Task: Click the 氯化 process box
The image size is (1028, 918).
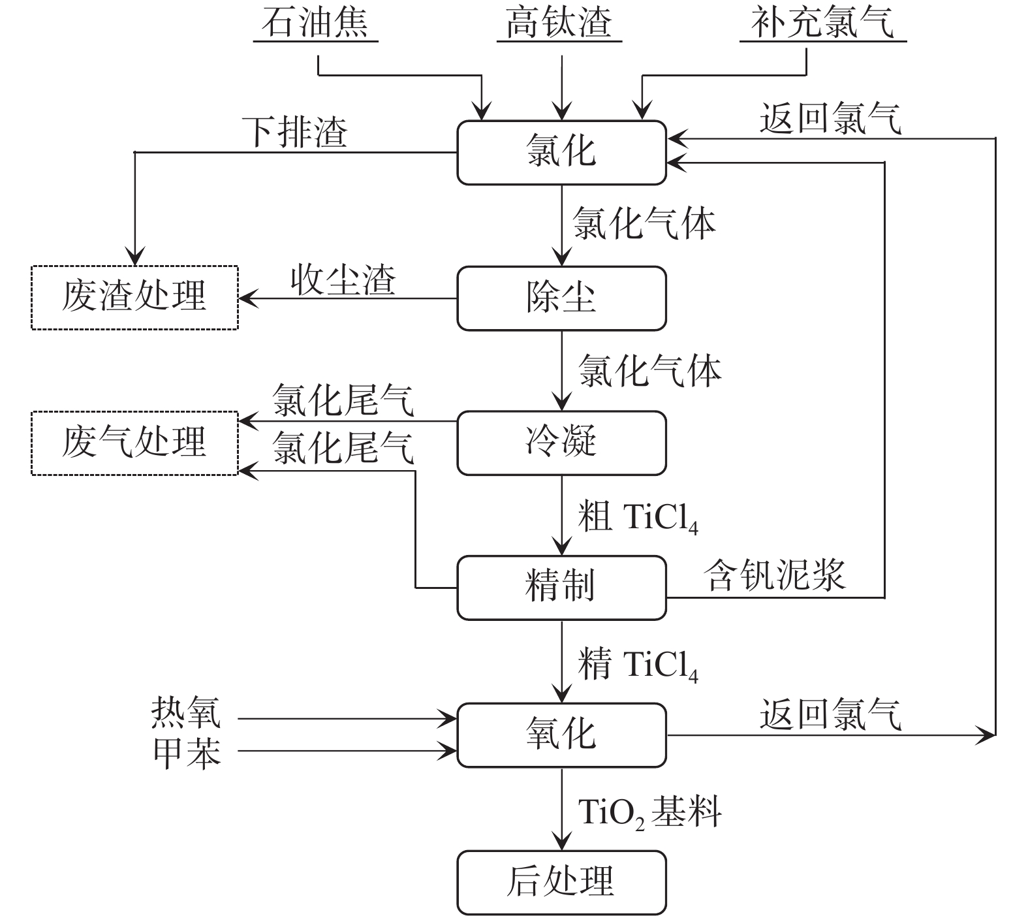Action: point(561,152)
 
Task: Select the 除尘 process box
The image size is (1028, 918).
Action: point(561,298)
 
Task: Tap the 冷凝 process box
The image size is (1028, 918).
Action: point(561,443)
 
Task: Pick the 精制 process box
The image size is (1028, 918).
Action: point(561,587)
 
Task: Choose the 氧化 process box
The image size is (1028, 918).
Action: point(561,735)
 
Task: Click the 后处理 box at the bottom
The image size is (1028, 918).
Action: point(561,881)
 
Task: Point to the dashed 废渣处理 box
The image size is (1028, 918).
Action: point(134,297)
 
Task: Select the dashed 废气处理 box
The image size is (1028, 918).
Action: point(134,443)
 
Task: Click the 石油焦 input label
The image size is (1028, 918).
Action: point(315,22)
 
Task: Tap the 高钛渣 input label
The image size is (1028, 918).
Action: point(559,22)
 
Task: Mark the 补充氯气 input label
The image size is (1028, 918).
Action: point(822,22)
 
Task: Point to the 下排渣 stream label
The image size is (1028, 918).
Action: point(295,133)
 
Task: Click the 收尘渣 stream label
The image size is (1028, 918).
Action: point(343,280)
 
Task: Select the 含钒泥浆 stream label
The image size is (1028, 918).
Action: point(775,576)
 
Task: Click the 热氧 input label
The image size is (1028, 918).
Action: point(187,712)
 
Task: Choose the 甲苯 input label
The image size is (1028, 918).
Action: point(187,752)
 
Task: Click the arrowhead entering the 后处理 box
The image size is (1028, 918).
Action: point(561,842)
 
